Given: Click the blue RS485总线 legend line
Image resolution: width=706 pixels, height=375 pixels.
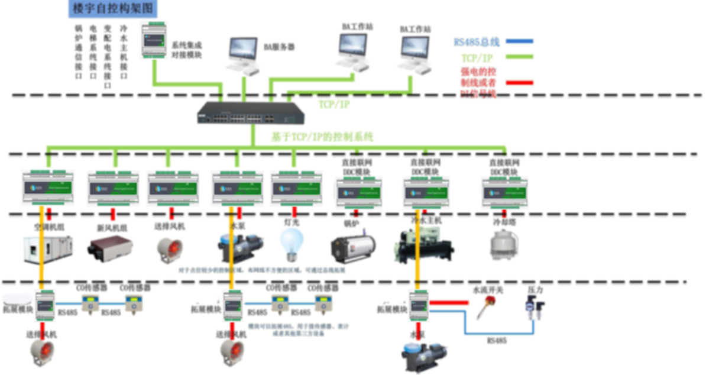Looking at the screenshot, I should (520, 41).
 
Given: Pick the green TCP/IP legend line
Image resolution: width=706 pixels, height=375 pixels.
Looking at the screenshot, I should (520, 57).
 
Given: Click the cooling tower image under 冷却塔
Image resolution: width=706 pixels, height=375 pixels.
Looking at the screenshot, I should (503, 245).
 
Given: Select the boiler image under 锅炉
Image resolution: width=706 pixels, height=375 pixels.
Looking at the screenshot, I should (354, 248).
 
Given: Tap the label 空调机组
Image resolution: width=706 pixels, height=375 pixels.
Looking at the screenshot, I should (47, 227).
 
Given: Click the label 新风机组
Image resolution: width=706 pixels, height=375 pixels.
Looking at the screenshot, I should (112, 227).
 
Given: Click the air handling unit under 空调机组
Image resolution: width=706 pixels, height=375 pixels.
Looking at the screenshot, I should (47, 249).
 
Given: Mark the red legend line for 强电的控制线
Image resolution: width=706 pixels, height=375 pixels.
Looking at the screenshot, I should (520, 82).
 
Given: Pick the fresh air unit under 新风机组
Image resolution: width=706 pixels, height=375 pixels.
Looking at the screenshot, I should (111, 247).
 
